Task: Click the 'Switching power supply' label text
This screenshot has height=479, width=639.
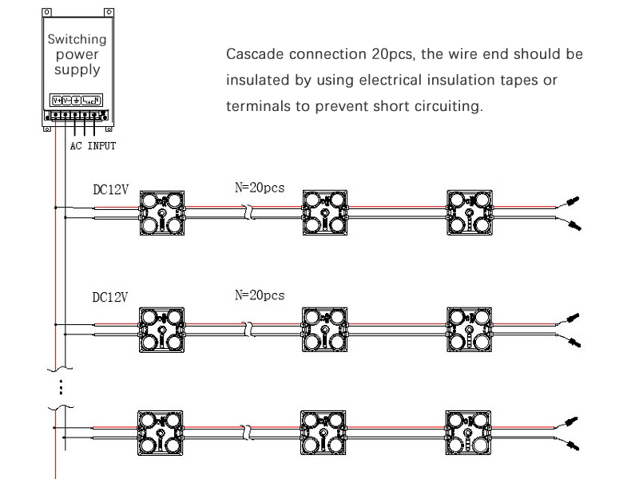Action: [x=77, y=54]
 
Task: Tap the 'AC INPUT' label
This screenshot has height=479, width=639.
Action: [x=93, y=146]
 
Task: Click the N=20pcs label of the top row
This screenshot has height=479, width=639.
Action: [x=260, y=189]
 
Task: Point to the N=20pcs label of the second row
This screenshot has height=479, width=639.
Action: [x=260, y=295]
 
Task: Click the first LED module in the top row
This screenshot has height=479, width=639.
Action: [x=163, y=213]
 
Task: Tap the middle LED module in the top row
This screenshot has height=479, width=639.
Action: [x=325, y=213]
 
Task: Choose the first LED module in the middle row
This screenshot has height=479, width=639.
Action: [x=163, y=328]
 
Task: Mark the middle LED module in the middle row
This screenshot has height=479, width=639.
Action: [x=325, y=328]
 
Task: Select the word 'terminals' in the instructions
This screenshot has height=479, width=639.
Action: [x=257, y=106]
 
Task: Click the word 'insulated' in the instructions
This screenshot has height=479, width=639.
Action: [x=256, y=81]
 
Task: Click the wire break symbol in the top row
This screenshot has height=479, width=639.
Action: [x=248, y=213]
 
